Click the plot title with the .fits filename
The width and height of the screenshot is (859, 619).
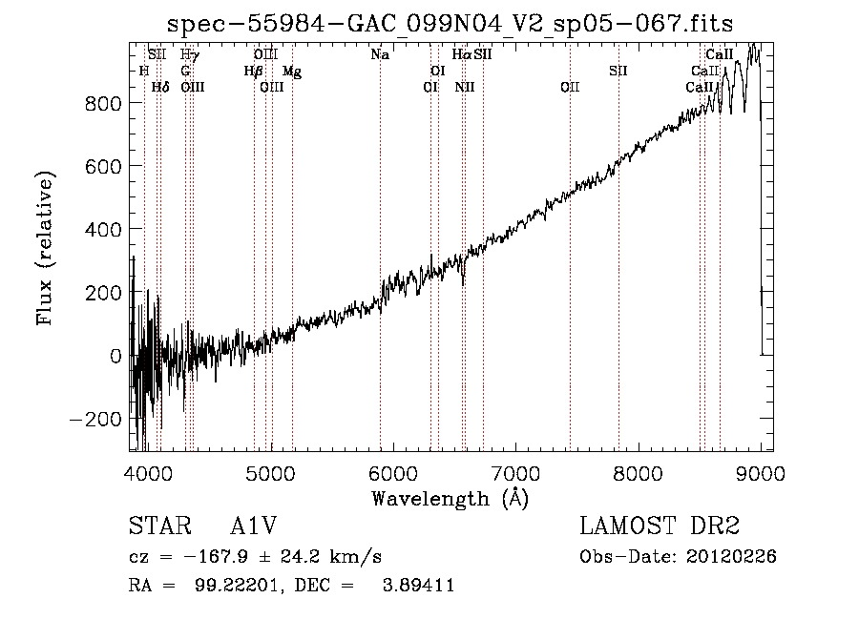click(450, 24)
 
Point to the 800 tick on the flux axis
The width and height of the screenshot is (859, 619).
click(103, 103)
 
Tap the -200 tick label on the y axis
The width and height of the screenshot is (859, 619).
click(95, 420)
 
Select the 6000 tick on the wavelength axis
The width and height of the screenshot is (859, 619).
click(393, 473)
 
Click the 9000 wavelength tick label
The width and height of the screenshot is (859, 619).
click(761, 473)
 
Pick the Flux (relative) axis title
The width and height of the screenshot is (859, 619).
click(45, 248)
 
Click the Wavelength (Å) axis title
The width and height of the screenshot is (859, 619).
click(450, 499)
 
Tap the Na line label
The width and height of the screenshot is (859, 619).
click(380, 54)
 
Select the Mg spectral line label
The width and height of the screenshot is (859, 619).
click(292, 72)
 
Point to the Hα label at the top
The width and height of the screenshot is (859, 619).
click(462, 54)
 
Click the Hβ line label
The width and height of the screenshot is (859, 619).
click(253, 72)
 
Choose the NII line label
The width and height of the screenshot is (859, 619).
click(465, 87)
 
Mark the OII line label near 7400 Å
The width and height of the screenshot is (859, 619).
click(570, 87)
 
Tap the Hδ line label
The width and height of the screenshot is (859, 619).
click(160, 87)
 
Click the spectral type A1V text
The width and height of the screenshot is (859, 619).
click(253, 526)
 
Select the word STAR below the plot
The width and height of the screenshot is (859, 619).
click(160, 526)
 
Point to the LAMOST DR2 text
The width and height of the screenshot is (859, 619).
click(660, 526)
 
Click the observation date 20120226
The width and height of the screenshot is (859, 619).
click(731, 557)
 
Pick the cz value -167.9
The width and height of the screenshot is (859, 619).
click(216, 557)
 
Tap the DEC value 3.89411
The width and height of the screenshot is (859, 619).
click(419, 585)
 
